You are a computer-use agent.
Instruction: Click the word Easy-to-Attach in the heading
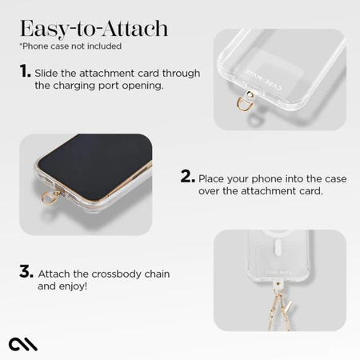tap(94, 30)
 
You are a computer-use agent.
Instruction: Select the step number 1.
tap(25, 73)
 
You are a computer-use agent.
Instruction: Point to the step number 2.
tap(187, 177)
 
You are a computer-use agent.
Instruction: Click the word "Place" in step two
tap(214, 178)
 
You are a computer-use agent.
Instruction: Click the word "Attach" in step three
tap(55, 274)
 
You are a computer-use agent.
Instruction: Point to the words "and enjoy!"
tap(62, 286)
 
